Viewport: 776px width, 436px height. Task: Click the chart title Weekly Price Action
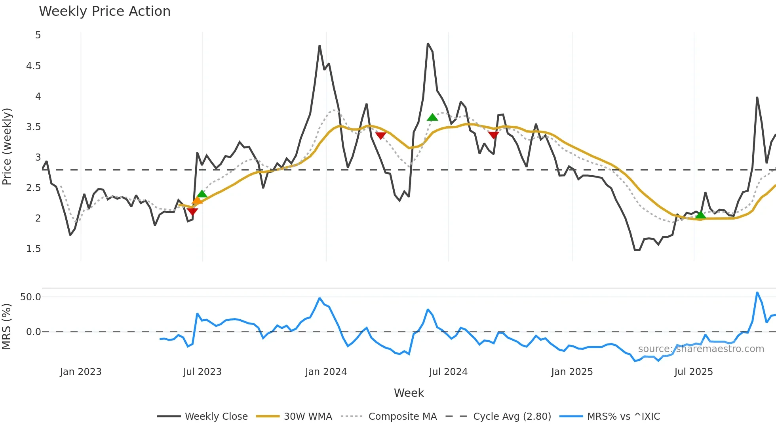coord(105,11)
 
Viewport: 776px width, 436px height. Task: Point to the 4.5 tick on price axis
coord(34,66)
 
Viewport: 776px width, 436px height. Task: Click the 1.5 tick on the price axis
coord(34,248)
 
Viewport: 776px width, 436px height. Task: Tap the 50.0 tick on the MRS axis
coord(31,297)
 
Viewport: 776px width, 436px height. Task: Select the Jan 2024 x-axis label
coord(326,372)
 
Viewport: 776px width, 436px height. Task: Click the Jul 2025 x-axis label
coord(693,372)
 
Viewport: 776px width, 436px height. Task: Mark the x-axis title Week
coord(409,393)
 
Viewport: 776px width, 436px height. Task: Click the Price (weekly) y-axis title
coord(7,146)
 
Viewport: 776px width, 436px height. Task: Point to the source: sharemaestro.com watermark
coord(701,349)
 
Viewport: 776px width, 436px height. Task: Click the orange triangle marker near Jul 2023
coord(197,201)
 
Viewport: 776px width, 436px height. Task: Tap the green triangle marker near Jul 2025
coord(700,215)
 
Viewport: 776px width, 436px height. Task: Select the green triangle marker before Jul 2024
coord(432,117)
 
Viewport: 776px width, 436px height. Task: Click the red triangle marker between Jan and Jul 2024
coord(380,136)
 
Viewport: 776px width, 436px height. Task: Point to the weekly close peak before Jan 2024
coord(320,46)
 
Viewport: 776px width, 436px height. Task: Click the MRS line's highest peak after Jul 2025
coord(757,293)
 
